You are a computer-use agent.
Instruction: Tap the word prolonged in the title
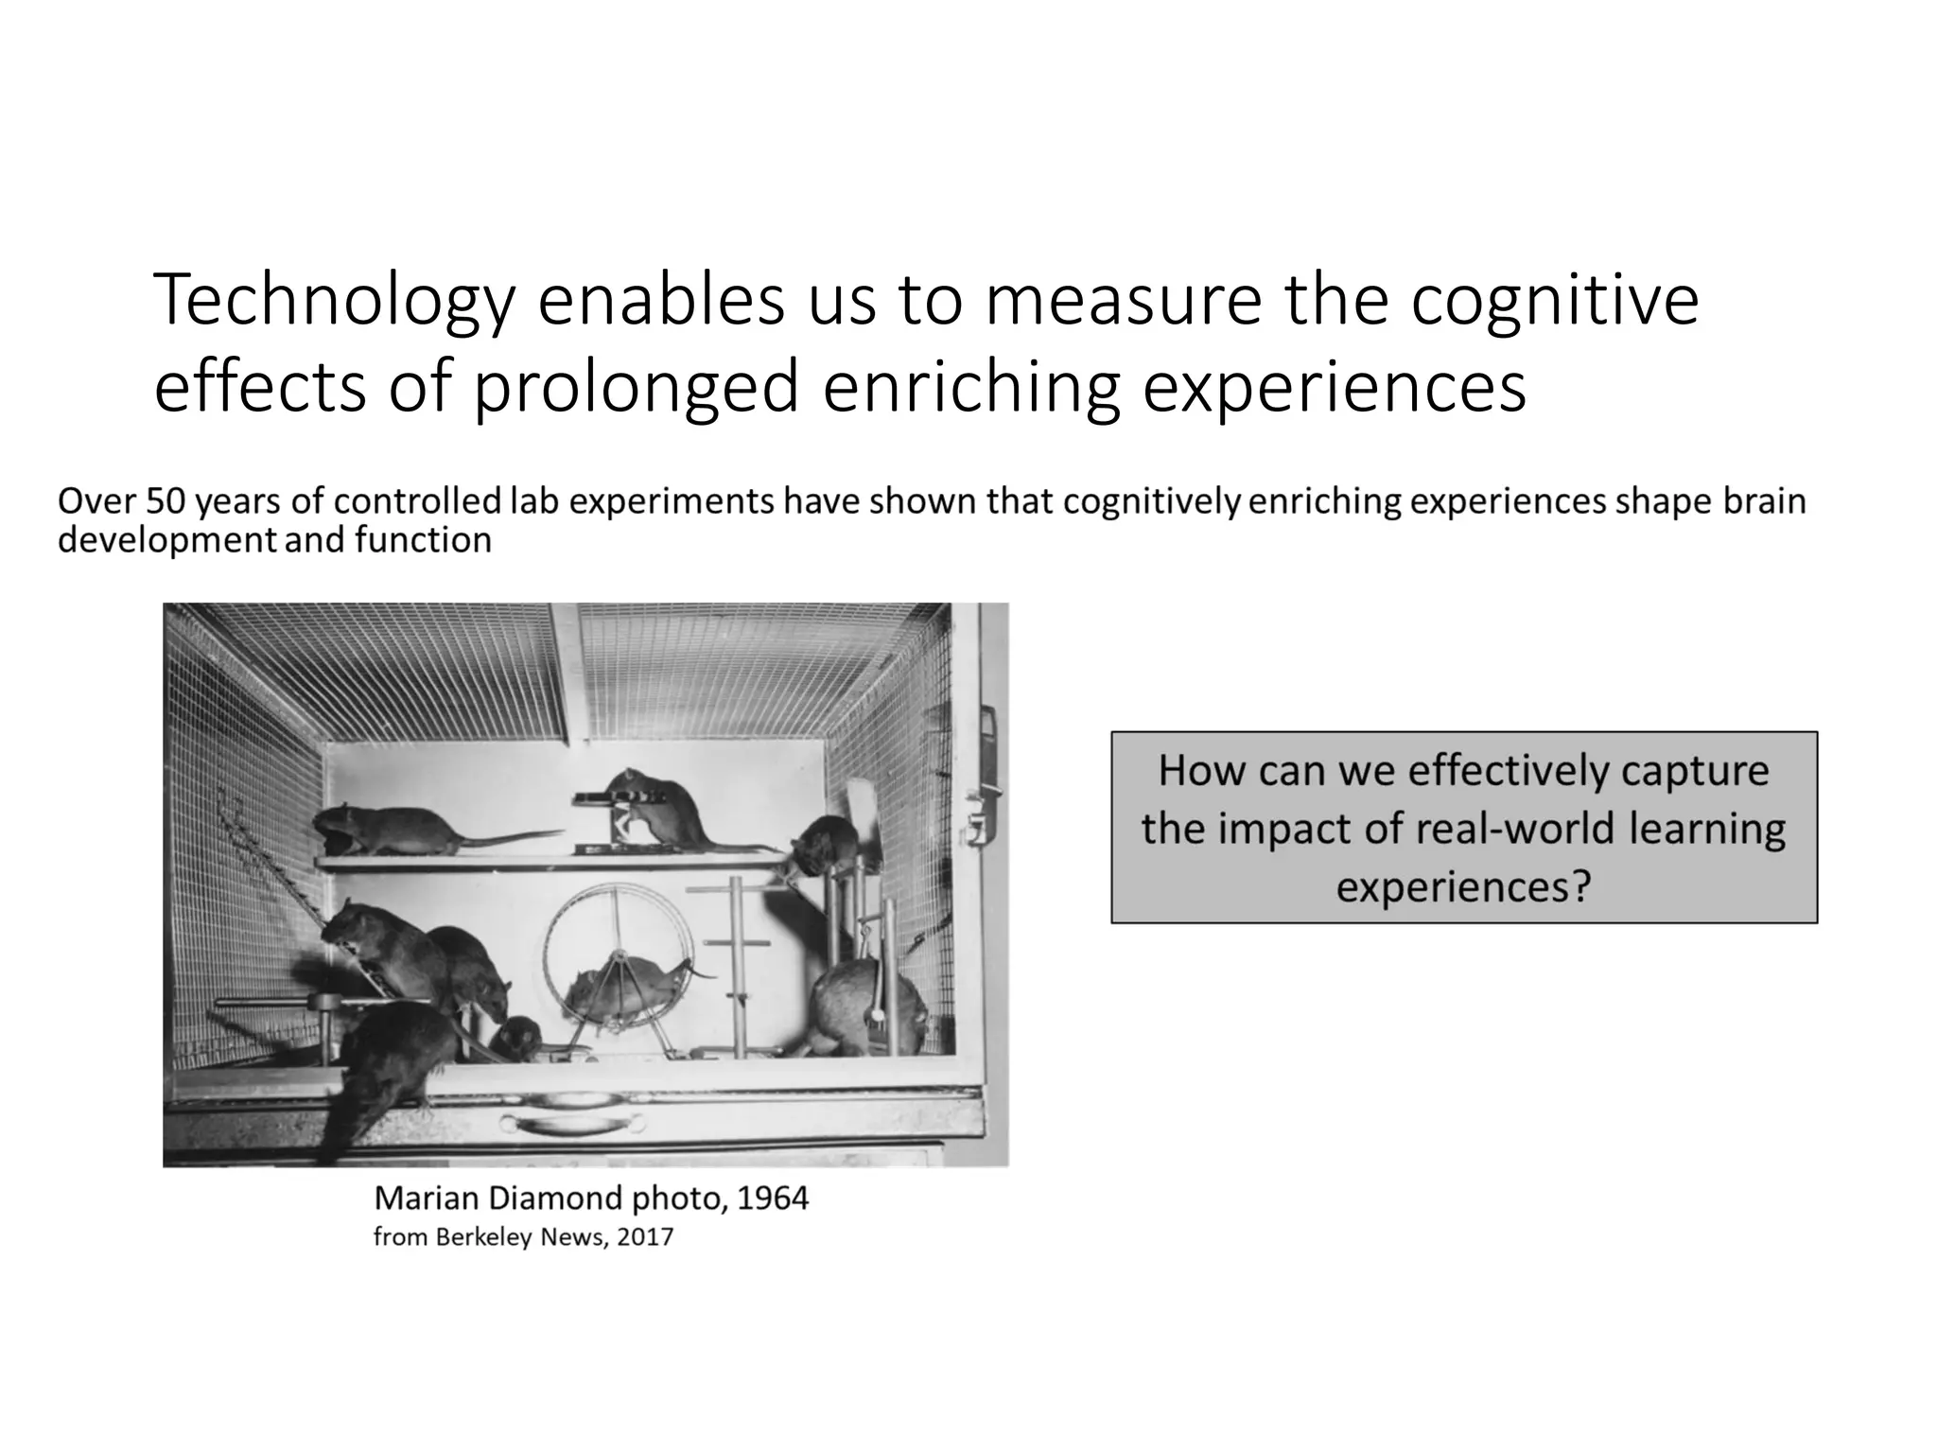(637, 388)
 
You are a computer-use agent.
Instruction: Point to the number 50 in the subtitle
(165, 501)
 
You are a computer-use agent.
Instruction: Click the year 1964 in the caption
(772, 1199)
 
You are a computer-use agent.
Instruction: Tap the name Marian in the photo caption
(427, 1199)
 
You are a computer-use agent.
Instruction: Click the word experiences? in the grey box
(1463, 887)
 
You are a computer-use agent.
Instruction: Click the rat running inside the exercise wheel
(624, 984)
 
